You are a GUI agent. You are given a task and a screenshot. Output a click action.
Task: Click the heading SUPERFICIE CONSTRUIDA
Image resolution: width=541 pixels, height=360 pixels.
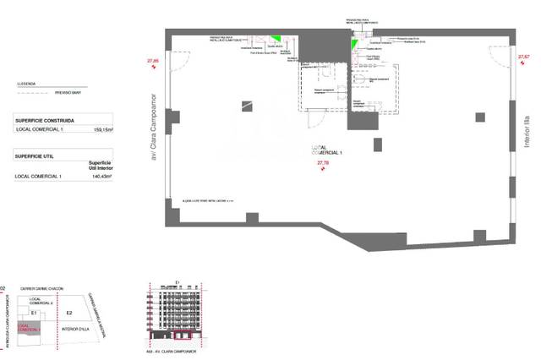(48, 120)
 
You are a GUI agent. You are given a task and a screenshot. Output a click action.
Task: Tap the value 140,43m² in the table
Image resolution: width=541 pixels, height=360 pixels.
(102, 176)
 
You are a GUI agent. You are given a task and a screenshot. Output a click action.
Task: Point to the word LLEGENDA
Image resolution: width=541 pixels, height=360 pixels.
(27, 84)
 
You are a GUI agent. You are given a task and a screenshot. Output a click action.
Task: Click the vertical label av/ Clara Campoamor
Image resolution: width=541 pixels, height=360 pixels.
(154, 126)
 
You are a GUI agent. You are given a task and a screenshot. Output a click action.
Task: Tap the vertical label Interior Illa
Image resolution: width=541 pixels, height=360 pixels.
(526, 134)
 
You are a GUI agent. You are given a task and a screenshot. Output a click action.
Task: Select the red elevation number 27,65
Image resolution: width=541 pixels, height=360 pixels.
(153, 62)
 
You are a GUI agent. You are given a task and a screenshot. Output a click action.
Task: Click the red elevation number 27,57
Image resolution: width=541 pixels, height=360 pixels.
(523, 57)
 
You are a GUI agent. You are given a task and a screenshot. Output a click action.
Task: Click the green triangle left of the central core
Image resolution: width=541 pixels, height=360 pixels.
(276, 40)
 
